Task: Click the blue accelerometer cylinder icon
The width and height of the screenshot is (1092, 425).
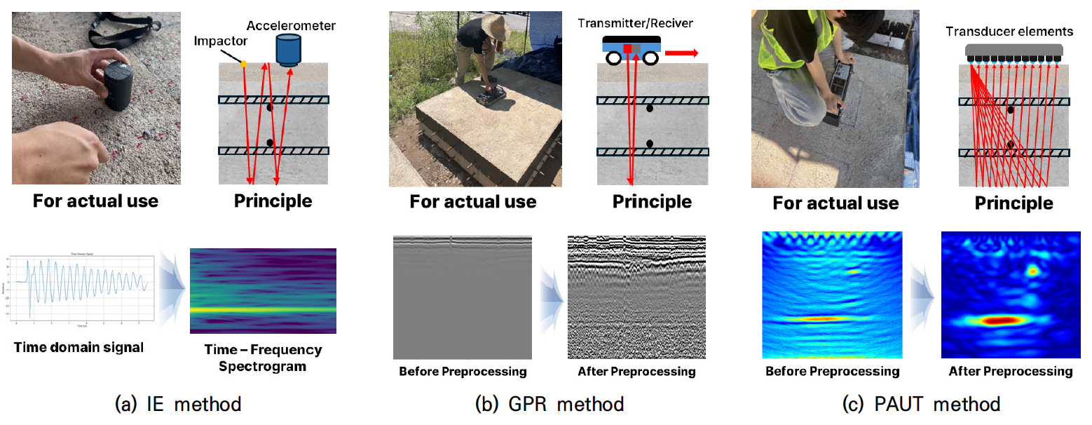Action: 287,49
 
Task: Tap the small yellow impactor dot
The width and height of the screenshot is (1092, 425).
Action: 244,64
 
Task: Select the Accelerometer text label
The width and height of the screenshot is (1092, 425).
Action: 291,26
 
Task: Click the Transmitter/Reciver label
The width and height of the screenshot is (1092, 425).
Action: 635,24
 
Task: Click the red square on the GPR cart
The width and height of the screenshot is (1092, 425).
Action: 627,48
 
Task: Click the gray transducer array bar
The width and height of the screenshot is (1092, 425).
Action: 1014,49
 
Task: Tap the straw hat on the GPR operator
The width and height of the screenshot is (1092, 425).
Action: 495,27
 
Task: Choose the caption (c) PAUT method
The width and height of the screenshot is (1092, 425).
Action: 922,404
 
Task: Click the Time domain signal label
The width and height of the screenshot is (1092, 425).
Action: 78,347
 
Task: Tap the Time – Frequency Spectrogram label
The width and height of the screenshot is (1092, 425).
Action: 263,358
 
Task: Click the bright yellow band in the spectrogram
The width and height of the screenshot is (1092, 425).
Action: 263,309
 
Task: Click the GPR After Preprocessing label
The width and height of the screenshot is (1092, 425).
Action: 636,371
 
